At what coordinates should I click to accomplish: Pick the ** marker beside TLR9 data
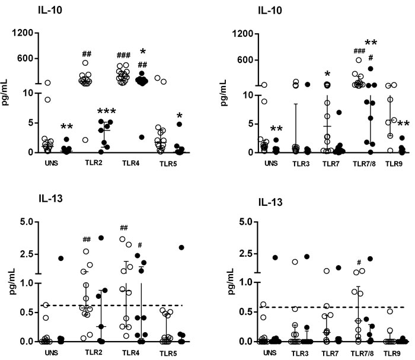tap(403, 123)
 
